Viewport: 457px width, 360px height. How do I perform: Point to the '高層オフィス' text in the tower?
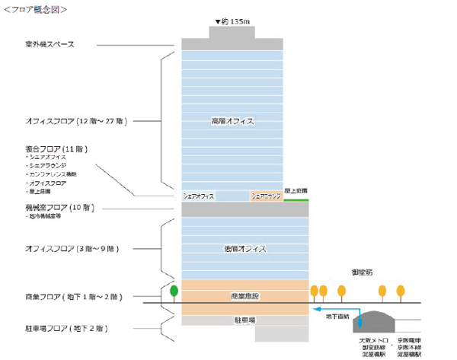232,121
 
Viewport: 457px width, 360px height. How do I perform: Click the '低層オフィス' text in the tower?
244,249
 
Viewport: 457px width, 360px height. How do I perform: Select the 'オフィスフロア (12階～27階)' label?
75,121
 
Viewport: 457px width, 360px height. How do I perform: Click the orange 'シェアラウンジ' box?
266,196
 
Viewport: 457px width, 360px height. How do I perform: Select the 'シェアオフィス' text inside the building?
200,196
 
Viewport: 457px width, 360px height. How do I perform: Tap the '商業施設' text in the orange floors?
244,295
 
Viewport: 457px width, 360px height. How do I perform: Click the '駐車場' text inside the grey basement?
244,321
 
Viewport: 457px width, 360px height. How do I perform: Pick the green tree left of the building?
174,290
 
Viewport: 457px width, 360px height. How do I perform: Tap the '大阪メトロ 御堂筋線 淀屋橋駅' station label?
376,346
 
